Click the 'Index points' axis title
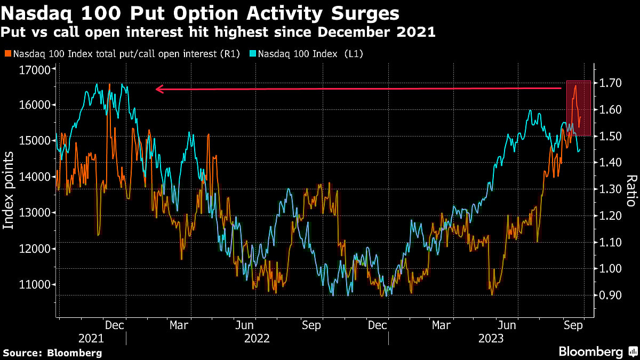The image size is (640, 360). coord(9,190)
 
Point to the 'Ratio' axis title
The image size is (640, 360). coord(631,190)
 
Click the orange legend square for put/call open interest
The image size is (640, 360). coord(7,54)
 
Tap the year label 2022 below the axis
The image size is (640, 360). coord(257,338)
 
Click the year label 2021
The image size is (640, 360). coord(91,338)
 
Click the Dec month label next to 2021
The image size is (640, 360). coord(115,325)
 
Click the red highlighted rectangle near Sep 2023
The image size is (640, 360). coord(578,108)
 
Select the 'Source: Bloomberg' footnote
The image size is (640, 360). coord(52,353)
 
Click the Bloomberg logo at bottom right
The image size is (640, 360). coord(597,351)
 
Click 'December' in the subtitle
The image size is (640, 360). coord(358,33)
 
